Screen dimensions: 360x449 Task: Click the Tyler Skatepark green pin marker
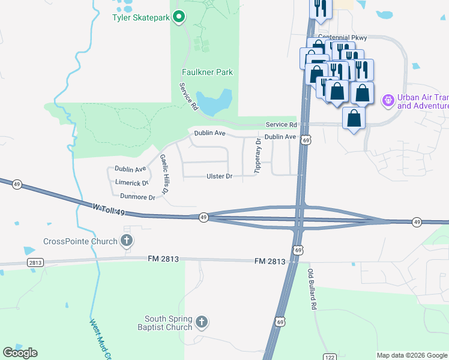pyautogui.click(x=179, y=17)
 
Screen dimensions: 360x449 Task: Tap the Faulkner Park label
pyautogui.click(x=207, y=72)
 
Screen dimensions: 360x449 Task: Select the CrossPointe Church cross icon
pyautogui.click(x=126, y=242)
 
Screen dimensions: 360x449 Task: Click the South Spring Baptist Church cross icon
pyautogui.click(x=202, y=322)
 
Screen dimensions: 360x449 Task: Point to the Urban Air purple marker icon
pyautogui.click(x=388, y=100)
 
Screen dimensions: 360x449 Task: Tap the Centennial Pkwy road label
pyautogui.click(x=342, y=38)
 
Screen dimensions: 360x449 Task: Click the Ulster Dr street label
pyautogui.click(x=219, y=176)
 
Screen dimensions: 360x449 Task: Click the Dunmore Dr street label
pyautogui.click(x=137, y=196)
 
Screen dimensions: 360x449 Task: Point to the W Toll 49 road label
pyautogui.click(x=109, y=209)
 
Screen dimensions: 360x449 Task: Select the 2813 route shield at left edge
pyautogui.click(x=35, y=263)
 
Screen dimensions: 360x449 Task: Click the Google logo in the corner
pyautogui.click(x=20, y=353)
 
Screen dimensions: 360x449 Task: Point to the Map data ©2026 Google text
pyautogui.click(x=411, y=355)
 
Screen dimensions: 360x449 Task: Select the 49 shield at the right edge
pyautogui.click(x=417, y=223)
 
